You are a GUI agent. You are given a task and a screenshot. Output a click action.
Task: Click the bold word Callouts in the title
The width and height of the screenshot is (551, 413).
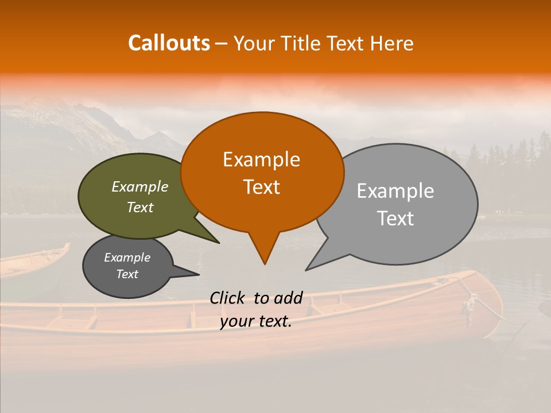coord(169,43)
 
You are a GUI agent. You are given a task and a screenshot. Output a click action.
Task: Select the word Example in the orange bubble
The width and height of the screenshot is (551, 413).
coord(261,159)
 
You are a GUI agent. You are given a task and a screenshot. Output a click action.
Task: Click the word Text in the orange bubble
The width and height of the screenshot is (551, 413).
coord(261,187)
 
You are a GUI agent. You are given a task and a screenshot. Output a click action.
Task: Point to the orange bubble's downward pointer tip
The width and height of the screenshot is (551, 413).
coord(265,264)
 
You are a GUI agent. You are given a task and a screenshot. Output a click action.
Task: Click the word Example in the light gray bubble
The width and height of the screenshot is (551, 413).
coord(395,191)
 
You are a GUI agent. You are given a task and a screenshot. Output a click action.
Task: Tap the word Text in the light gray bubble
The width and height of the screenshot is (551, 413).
coord(395,218)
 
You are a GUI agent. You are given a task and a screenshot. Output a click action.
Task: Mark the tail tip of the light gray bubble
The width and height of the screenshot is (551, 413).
coord(306,270)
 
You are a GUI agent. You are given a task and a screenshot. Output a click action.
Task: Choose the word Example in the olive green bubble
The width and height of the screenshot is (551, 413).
coord(139,187)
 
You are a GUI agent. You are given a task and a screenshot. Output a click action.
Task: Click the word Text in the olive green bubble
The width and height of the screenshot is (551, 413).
coord(139,207)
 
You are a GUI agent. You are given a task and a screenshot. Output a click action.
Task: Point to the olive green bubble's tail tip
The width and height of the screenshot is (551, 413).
coord(219,243)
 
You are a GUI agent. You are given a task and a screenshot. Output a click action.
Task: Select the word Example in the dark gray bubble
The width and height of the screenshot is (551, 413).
coord(127,258)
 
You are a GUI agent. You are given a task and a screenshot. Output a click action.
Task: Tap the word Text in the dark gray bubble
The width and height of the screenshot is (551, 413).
coord(127,274)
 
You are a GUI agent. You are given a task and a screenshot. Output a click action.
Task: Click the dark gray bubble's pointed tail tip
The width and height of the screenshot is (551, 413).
coord(199,274)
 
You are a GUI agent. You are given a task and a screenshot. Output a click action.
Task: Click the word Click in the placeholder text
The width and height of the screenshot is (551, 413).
coord(228,298)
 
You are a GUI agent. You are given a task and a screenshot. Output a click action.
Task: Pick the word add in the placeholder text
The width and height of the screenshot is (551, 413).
coord(288,298)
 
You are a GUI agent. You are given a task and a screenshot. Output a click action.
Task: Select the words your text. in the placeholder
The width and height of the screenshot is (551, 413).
coord(256,321)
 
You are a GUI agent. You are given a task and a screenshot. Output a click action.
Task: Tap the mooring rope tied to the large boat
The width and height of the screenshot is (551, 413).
coord(488,307)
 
